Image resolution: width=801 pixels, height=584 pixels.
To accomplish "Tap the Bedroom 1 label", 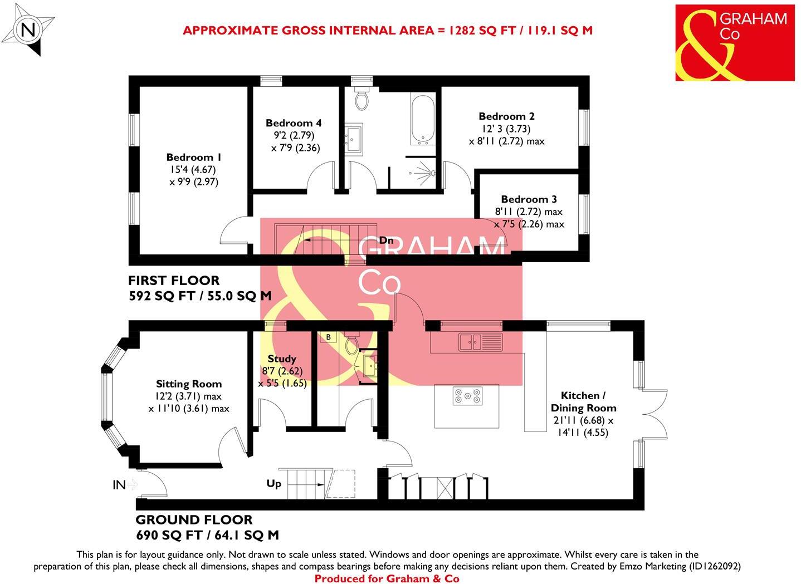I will [189, 158].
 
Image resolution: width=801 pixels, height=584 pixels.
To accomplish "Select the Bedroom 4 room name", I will [294, 123].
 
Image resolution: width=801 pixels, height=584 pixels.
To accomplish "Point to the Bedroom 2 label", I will [506, 116].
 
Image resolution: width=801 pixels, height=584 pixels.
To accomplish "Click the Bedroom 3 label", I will [529, 199].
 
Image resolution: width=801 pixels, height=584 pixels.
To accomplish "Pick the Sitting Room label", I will [189, 384].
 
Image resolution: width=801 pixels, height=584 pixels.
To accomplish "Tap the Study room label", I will [282, 359].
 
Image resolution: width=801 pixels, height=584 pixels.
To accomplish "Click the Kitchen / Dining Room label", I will [583, 401].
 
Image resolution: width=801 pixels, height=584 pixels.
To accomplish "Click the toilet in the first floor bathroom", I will [362, 98].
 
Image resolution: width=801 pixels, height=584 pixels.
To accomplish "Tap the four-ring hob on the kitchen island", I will [467, 395].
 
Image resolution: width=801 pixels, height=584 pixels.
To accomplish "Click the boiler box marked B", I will [329, 337].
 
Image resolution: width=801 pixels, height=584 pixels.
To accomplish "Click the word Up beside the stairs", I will [273, 484].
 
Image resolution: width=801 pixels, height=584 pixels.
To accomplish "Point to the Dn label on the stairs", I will [387, 241].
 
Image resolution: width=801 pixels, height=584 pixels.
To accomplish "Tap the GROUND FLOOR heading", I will [194, 520].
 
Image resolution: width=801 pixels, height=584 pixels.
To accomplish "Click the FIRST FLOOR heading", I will [174, 281].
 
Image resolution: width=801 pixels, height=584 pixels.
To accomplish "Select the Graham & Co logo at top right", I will [735, 43].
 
